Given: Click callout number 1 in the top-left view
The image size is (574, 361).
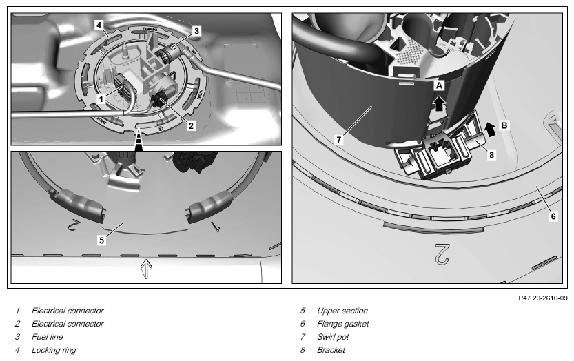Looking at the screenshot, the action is pyautogui.click(x=101, y=99).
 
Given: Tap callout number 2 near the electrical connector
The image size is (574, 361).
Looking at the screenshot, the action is pyautogui.click(x=191, y=125).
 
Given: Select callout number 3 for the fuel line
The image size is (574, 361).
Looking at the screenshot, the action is pyautogui.click(x=196, y=31).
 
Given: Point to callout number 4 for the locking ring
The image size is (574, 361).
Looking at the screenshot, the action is pyautogui.click(x=99, y=25).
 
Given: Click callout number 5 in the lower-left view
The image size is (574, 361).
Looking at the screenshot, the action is pyautogui.click(x=101, y=240).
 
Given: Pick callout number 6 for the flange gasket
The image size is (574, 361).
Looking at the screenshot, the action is pyautogui.click(x=553, y=216).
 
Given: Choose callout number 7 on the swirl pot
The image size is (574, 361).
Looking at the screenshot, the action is pyautogui.click(x=338, y=139).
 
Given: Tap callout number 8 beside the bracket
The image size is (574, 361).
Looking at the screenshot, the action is pyautogui.click(x=491, y=155).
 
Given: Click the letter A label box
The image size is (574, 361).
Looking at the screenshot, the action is pyautogui.click(x=440, y=85).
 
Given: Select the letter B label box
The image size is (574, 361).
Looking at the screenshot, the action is pyautogui.click(x=504, y=125).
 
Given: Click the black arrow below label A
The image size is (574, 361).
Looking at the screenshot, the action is pyautogui.click(x=438, y=103).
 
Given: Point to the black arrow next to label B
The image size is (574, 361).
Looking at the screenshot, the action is pyautogui.click(x=490, y=130).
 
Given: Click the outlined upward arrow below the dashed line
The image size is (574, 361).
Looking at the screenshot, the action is pyautogui.click(x=146, y=269).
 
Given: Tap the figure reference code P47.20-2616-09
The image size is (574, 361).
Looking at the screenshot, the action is pyautogui.click(x=543, y=298).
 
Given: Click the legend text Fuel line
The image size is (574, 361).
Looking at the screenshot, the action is pyautogui.click(x=48, y=337).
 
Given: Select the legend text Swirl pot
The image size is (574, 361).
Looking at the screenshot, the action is pyautogui.click(x=333, y=337).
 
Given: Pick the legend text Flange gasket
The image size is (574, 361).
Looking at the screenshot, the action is pyautogui.click(x=343, y=324).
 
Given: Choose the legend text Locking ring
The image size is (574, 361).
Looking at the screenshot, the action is pyautogui.click(x=54, y=350).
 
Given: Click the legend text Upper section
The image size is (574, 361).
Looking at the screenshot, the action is pyautogui.click(x=342, y=311).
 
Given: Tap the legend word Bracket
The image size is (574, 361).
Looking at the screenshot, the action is pyautogui.click(x=331, y=350).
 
